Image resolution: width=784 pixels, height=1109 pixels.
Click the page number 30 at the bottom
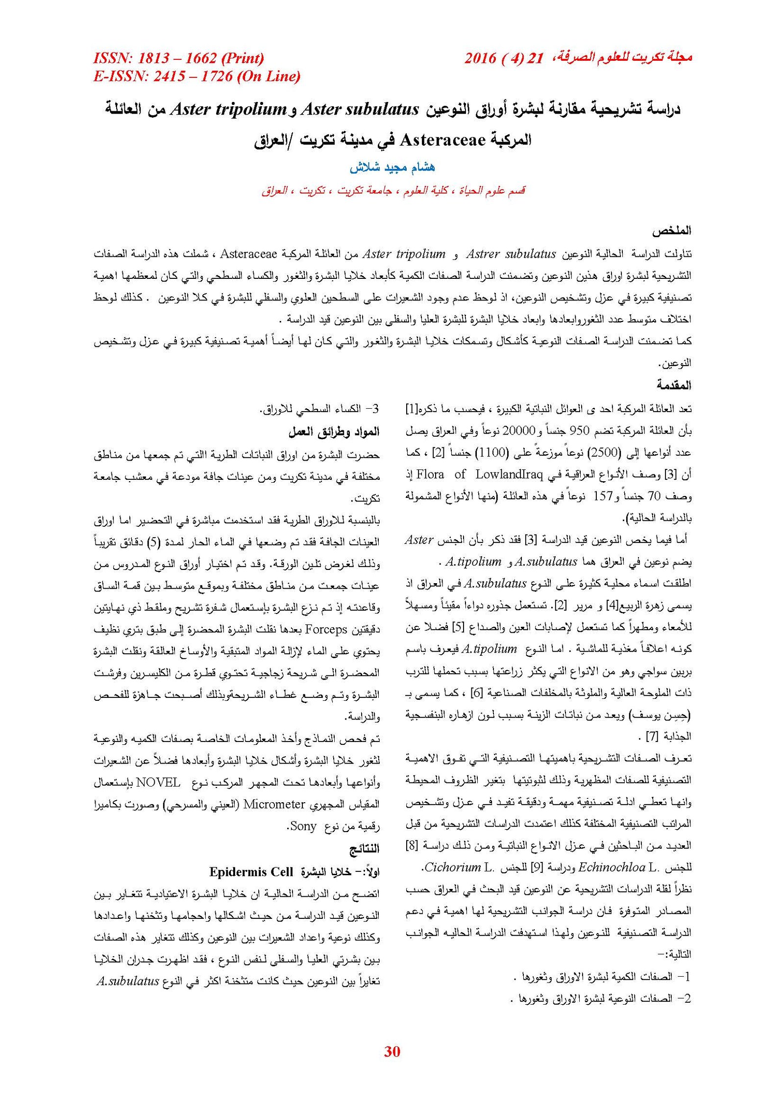tap(392, 1051)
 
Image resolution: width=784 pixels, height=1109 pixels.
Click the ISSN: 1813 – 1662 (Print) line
tap(178, 58)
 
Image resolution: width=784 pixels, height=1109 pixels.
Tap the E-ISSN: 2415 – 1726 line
tap(196, 76)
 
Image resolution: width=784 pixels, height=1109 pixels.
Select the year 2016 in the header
tap(480, 58)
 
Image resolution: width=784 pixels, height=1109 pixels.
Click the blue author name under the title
tap(392, 167)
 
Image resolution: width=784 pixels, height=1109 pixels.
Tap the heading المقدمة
tap(674, 385)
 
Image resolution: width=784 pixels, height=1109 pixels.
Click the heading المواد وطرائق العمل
tap(334, 432)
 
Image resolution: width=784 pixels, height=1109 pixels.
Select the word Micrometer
tap(274, 804)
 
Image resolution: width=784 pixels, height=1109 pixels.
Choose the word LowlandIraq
tap(508, 474)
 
